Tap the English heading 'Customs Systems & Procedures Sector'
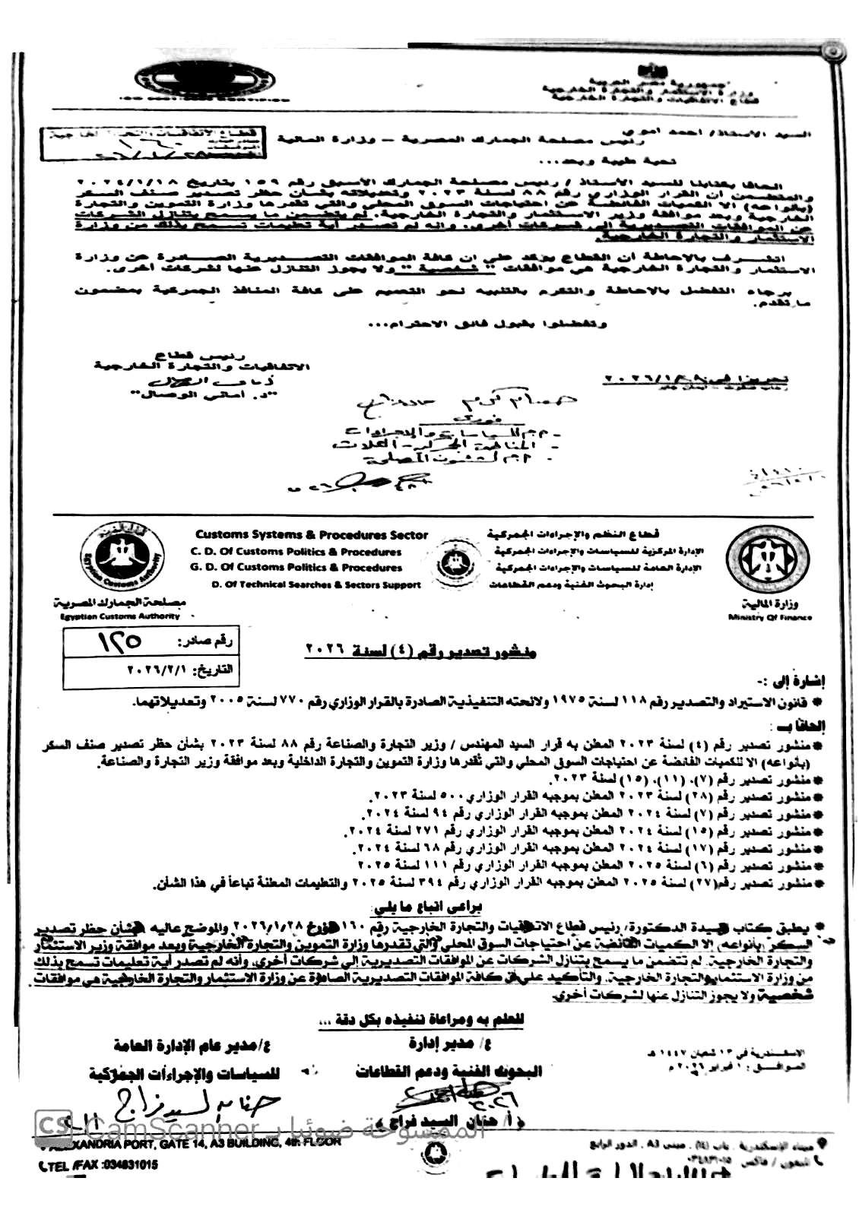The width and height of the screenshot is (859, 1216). pos(312,535)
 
